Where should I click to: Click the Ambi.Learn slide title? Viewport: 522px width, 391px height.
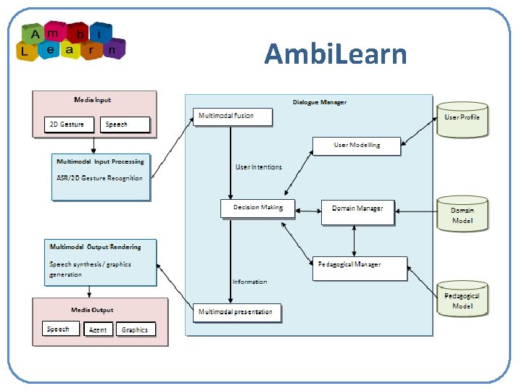coord(336,54)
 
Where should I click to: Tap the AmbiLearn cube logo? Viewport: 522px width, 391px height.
coord(72,41)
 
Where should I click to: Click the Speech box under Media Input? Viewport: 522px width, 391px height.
coord(125,125)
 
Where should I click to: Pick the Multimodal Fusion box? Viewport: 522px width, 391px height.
coord(233,117)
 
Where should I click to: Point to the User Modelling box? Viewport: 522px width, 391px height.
coord(357,145)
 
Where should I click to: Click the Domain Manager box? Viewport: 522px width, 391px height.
coord(357,209)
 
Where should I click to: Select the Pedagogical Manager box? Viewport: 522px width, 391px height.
coord(360,266)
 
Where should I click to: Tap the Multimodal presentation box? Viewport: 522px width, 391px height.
coord(236,313)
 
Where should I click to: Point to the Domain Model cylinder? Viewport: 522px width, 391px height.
coord(463,215)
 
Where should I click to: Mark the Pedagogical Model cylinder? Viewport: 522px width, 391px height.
coord(462,300)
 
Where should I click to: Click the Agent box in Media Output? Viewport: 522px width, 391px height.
coord(98,329)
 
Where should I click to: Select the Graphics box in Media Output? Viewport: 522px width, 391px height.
coord(135,329)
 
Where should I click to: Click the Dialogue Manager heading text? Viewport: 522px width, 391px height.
coord(320,102)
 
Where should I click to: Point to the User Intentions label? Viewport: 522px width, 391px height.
coord(259,167)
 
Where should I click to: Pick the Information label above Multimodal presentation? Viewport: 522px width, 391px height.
coord(250,282)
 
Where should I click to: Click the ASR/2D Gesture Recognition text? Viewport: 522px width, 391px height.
coord(99,178)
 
